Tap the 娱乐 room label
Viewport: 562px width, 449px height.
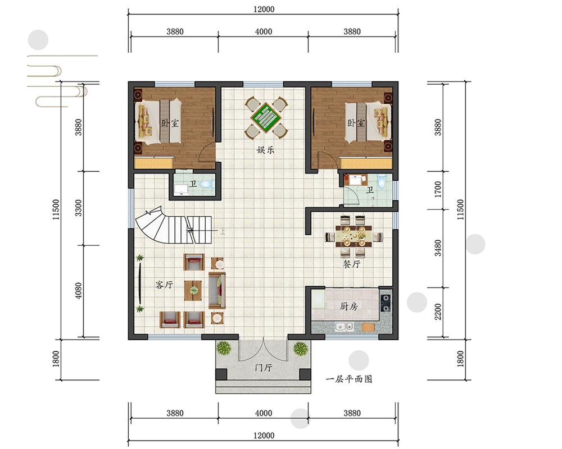coord(265,150)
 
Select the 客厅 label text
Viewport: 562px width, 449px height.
coord(164,285)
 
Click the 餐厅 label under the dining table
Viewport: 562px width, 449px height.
coord(352,264)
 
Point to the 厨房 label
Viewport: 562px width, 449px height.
coord(349,306)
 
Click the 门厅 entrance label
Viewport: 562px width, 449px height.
coord(264,368)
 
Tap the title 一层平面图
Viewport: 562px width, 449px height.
coord(349,379)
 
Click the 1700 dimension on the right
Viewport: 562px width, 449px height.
coord(438,189)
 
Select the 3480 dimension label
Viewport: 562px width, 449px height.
coord(438,248)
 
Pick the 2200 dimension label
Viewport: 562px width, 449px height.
coord(438,312)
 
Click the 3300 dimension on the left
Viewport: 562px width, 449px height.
coord(78,208)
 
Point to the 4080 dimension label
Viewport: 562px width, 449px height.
coord(78,291)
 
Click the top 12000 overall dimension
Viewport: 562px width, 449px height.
coord(264,10)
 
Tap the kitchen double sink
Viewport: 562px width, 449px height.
coord(344,327)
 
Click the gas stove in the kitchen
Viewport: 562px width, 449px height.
coord(386,303)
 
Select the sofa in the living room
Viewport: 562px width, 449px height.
coord(217,290)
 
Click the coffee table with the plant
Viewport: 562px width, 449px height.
coord(193,290)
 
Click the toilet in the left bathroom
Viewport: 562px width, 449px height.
coord(207,184)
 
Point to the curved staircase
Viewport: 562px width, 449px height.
coord(173,226)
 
